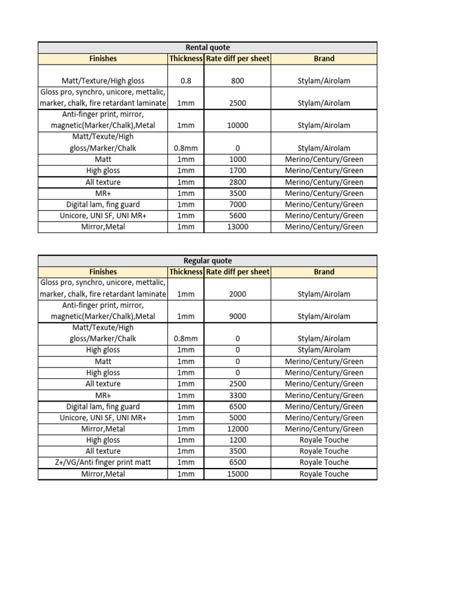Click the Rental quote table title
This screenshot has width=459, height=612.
pyautogui.click(x=207, y=47)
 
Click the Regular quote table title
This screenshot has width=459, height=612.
pyautogui.click(x=207, y=261)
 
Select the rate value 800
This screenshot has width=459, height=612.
pyautogui.click(x=237, y=81)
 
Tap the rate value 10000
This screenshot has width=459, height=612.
pyautogui.click(x=237, y=126)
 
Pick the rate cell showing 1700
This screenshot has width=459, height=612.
pyautogui.click(x=237, y=171)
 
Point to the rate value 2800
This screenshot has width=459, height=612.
pyautogui.click(x=237, y=182)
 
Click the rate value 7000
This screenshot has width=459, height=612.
pyautogui.click(x=237, y=204)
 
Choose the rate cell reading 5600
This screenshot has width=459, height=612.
pyautogui.click(x=237, y=216)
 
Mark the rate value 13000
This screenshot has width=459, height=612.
pyautogui.click(x=237, y=227)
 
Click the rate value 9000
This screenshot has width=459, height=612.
pyautogui.click(x=237, y=316)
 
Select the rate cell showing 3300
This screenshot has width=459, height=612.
pyautogui.click(x=237, y=395)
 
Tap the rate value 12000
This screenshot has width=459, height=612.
pyautogui.click(x=237, y=429)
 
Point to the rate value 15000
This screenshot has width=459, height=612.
pyautogui.click(x=237, y=474)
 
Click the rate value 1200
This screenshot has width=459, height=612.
pyautogui.click(x=237, y=440)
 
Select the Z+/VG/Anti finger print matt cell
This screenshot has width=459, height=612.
pyautogui.click(x=103, y=463)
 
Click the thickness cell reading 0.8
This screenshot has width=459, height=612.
pyautogui.click(x=186, y=81)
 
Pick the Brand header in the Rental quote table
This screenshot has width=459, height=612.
pyautogui.click(x=324, y=59)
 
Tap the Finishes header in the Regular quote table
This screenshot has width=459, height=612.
pyautogui.click(x=103, y=272)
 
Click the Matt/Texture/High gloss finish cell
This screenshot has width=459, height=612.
pyautogui.click(x=103, y=81)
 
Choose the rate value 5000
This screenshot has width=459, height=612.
pyautogui.click(x=237, y=418)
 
